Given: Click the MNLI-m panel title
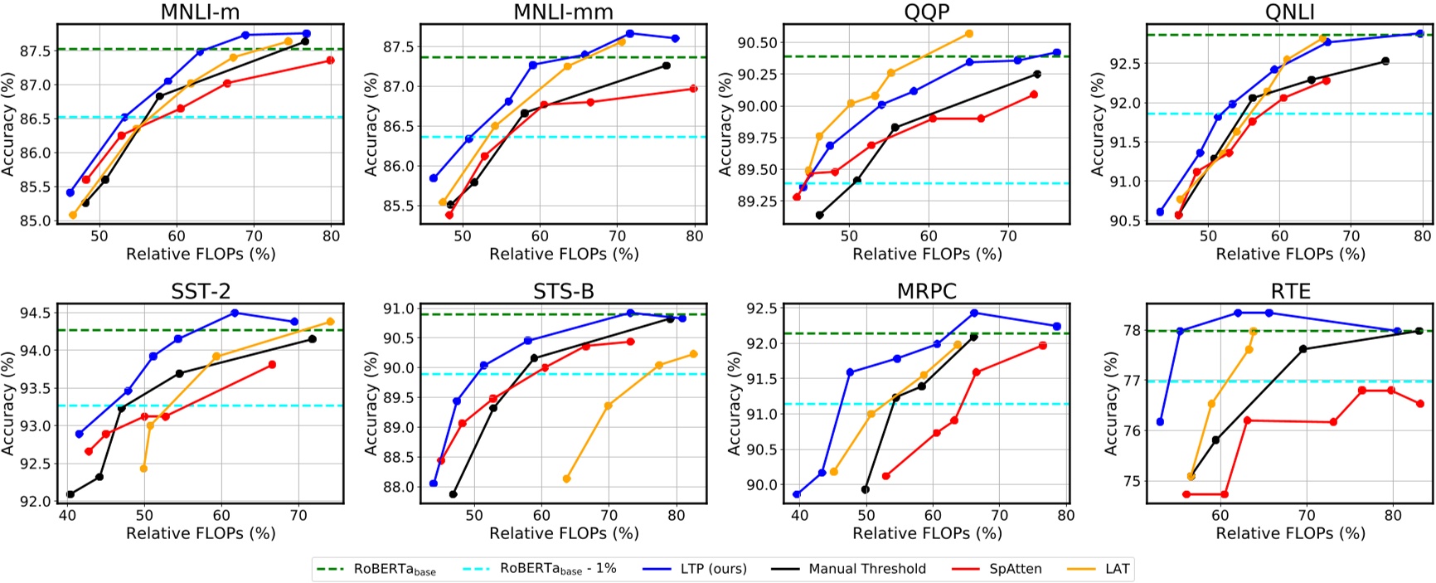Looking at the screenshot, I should (201, 12).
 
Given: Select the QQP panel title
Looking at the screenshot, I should (927, 12).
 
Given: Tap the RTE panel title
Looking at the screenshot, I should (1290, 291).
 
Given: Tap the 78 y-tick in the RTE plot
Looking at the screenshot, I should (1131, 331).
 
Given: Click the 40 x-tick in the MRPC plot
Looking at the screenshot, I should (798, 515).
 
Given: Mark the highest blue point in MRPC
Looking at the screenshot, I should (974, 313).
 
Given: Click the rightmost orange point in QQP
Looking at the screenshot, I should (969, 33).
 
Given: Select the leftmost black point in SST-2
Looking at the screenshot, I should (70, 494).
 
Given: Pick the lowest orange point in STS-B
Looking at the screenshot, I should (566, 479).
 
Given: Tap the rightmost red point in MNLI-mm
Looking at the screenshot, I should (693, 89).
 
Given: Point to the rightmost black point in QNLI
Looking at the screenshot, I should (1385, 61).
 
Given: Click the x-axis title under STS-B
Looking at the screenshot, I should (564, 533).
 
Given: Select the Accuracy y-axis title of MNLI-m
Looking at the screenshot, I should (8, 124).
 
